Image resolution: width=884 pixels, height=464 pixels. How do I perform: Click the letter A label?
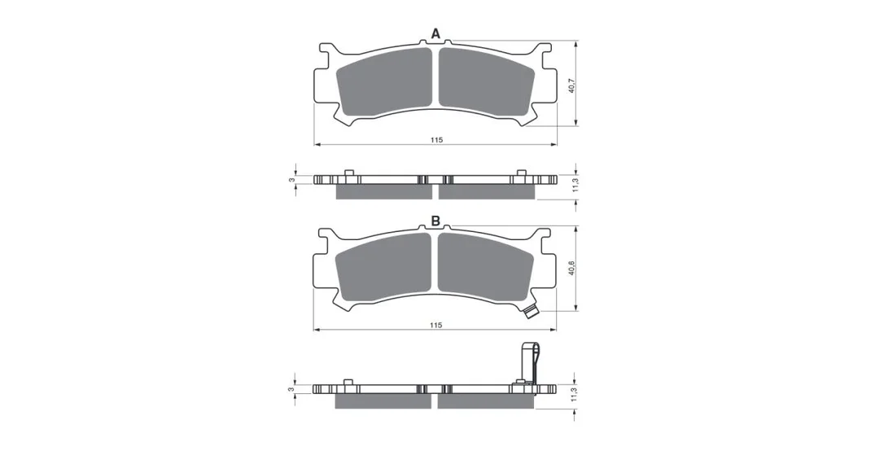(435, 34)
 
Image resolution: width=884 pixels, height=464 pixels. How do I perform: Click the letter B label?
(435, 221)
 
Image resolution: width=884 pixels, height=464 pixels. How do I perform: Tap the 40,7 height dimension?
(571, 85)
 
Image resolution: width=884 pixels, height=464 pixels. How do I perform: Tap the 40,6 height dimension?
(571, 268)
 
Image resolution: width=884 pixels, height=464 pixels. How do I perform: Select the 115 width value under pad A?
(435, 140)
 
